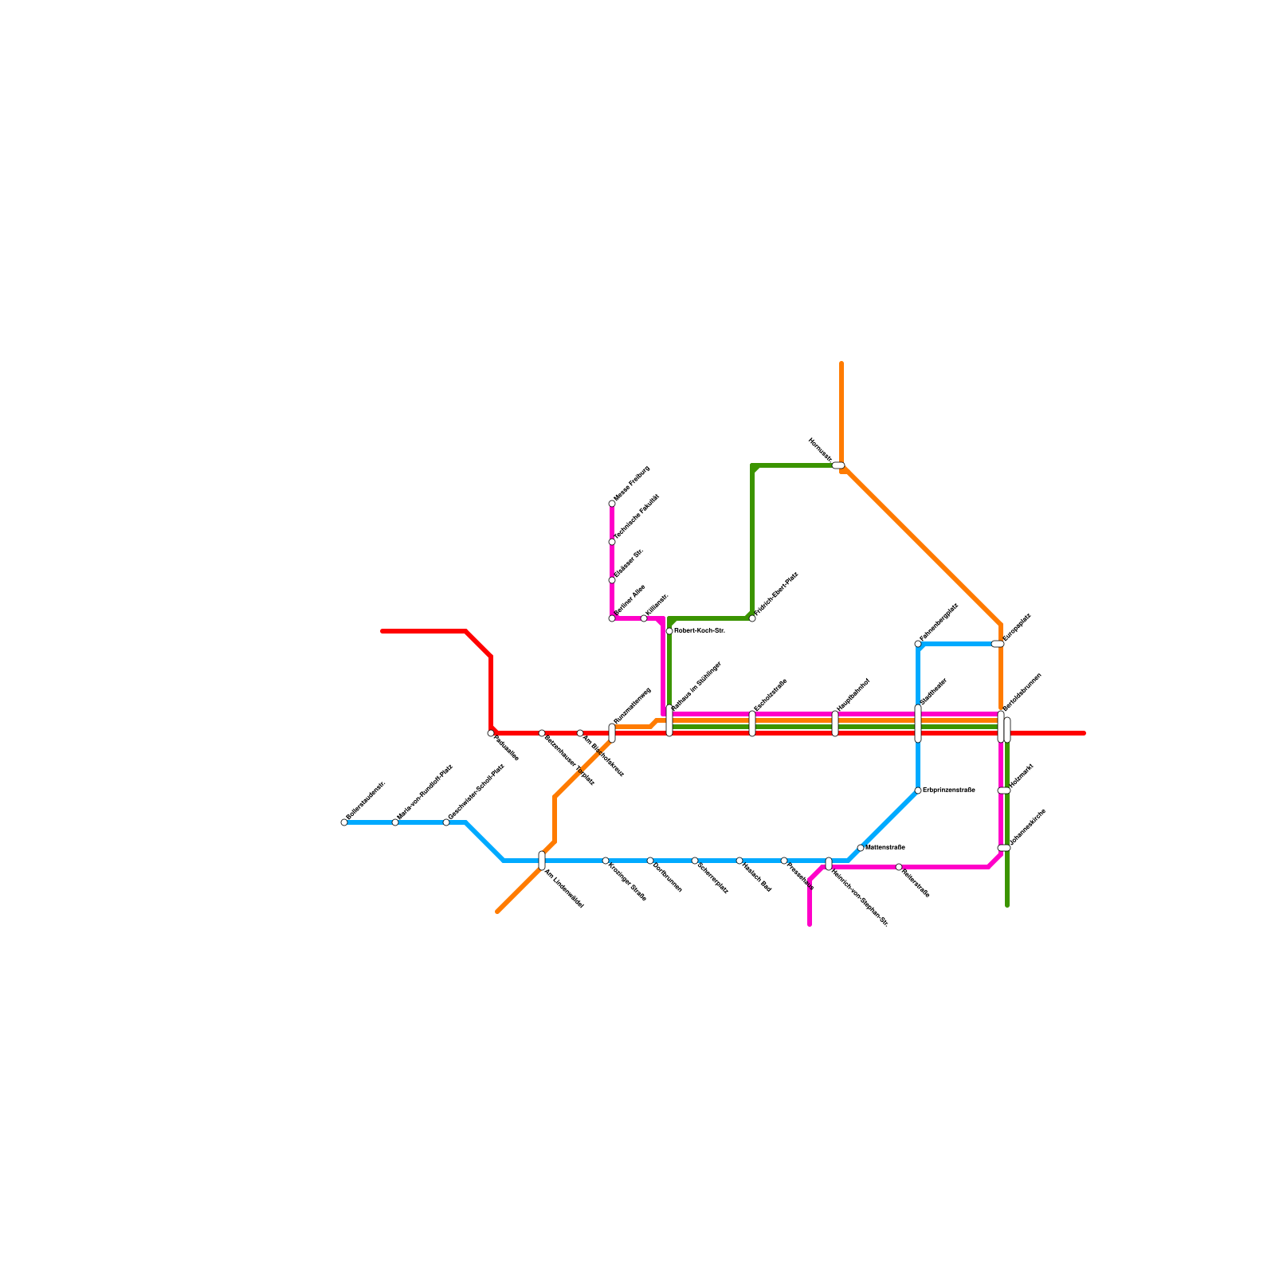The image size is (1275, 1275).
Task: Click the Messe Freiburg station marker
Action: pos(612,504)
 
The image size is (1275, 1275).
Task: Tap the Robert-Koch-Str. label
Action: pos(699,631)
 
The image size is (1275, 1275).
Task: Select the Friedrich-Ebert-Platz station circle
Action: pos(752,618)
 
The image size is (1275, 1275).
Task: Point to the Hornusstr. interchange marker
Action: pos(838,465)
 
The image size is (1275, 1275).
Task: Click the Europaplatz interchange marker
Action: pos(998,644)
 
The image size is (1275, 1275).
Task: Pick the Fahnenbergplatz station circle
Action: pos(918,644)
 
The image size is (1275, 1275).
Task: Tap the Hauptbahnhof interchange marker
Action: pos(835,724)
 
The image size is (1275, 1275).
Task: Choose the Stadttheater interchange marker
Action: pos(918,724)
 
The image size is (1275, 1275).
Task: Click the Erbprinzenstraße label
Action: pos(948,790)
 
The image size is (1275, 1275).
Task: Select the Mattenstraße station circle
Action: pos(861,848)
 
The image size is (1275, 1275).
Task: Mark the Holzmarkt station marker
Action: pos(1004,790)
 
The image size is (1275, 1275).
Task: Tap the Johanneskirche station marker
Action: pos(1004,848)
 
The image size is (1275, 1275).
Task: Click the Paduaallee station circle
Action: pos(491,733)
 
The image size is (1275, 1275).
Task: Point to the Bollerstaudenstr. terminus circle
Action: pos(344,822)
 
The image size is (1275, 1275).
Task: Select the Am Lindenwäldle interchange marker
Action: pos(542,861)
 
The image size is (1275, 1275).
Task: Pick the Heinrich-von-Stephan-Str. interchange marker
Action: pos(829,864)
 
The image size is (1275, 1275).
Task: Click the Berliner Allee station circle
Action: pos(612,618)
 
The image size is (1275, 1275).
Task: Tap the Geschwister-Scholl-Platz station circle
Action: pos(446,822)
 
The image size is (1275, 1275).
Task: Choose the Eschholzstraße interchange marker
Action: pos(752,724)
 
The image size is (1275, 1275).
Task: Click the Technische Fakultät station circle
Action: pos(612,542)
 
